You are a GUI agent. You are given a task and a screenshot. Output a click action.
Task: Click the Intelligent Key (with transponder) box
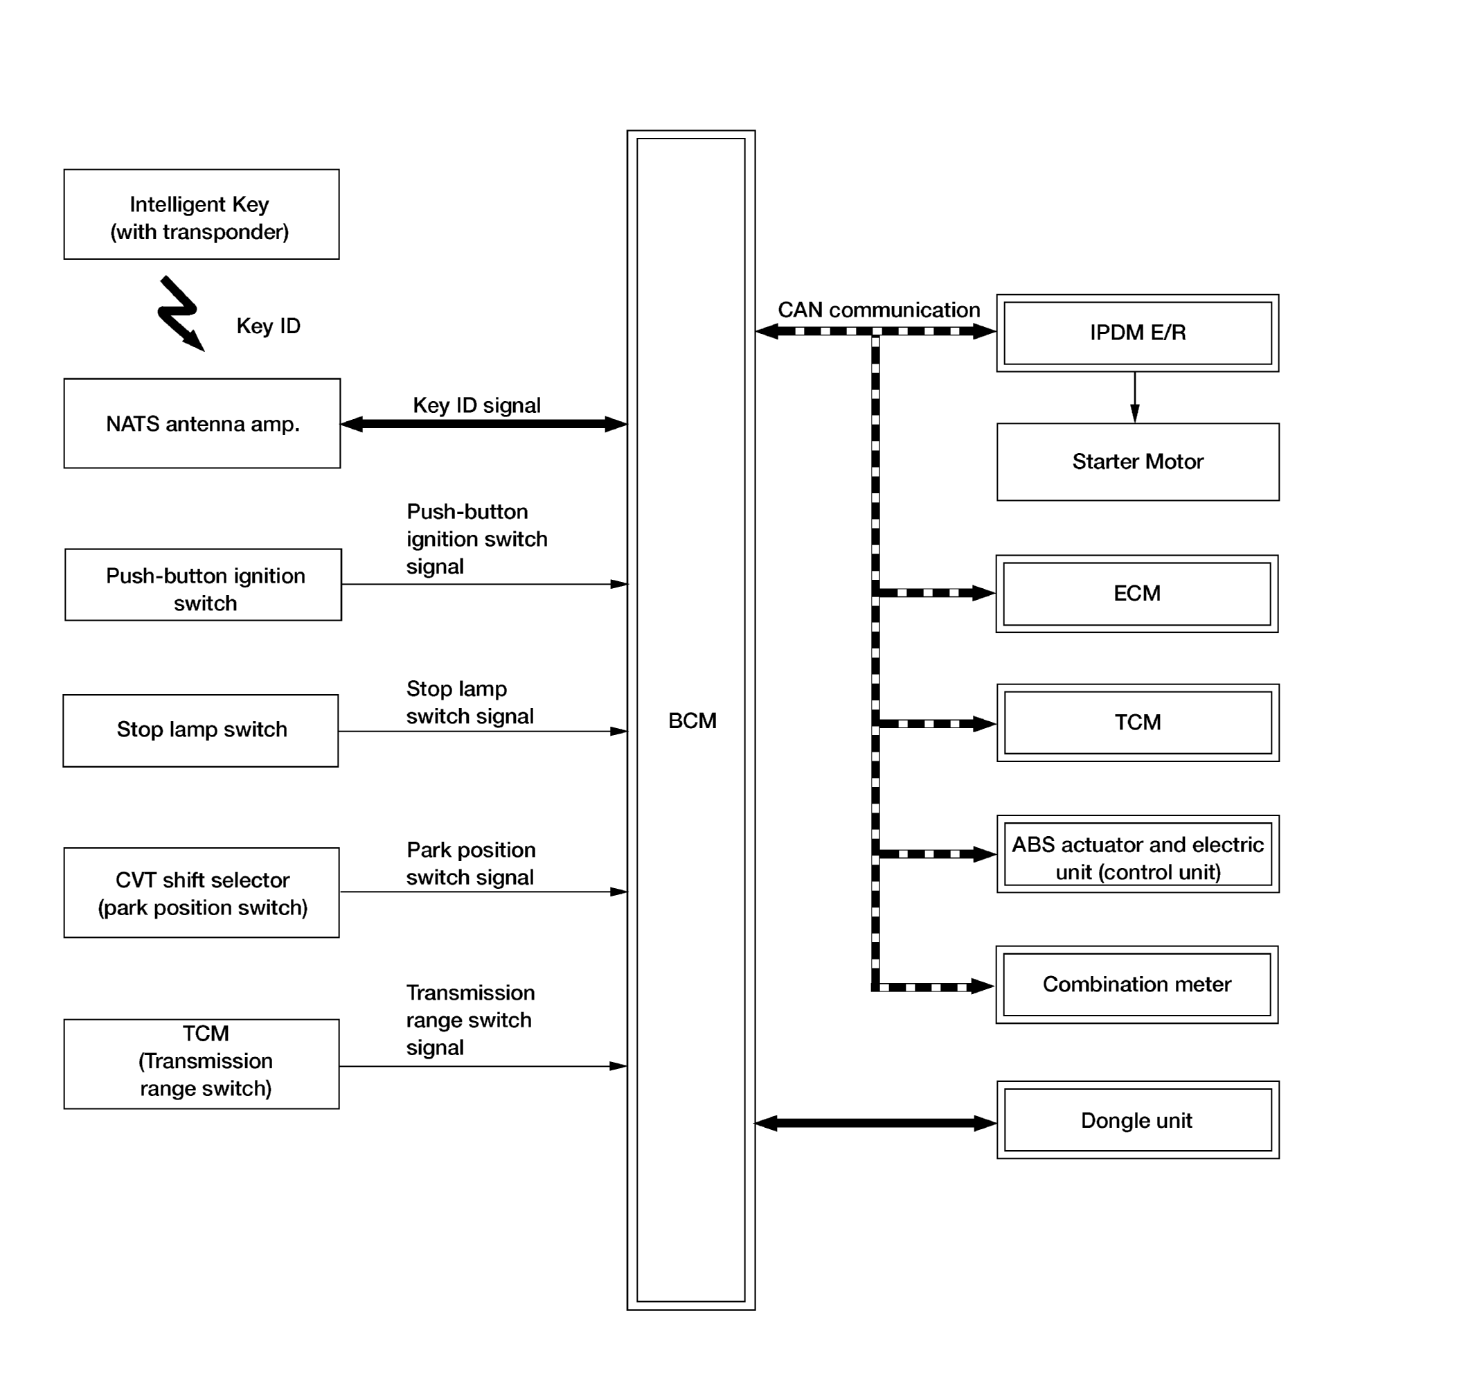point(201,215)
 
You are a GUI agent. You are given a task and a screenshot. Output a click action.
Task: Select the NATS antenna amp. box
point(202,423)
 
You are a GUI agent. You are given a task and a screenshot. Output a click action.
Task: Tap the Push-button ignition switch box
point(204,585)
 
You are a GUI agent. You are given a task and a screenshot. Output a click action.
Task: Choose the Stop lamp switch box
point(200,731)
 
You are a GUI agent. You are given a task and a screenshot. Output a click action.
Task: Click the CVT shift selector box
point(201,893)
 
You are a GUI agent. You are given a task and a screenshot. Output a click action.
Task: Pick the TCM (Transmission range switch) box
point(201,1064)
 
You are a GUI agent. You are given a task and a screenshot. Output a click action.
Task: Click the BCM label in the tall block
point(692,720)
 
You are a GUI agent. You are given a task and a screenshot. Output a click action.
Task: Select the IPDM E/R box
point(1138,333)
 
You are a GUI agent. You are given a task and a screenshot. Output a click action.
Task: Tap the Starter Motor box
point(1138,462)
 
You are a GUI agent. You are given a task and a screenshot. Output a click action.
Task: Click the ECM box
point(1137,594)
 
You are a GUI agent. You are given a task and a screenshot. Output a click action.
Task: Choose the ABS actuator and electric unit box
point(1138,854)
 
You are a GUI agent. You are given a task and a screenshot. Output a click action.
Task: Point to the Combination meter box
point(1137,985)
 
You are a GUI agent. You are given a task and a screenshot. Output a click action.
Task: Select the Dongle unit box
point(1138,1120)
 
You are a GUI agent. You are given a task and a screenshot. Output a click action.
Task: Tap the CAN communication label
point(879,310)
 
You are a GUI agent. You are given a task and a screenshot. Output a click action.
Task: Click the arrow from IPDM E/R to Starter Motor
point(1134,398)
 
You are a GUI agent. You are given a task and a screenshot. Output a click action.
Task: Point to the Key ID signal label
point(476,405)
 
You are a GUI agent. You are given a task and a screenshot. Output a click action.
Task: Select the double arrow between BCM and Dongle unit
point(876,1123)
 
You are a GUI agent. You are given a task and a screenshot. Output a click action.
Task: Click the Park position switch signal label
point(471,864)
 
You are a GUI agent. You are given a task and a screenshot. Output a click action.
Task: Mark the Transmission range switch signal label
point(471,1020)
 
